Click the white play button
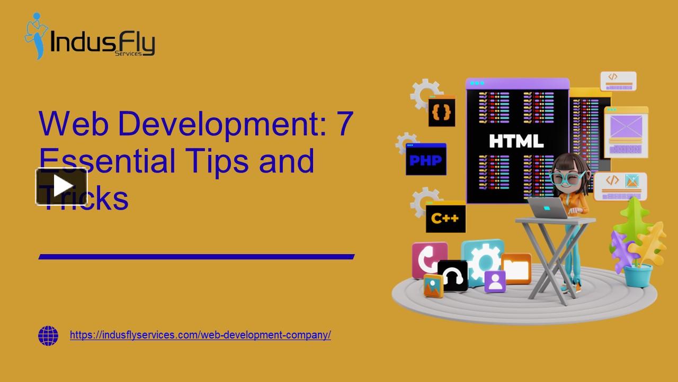coord(62,186)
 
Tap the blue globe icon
coord(48,336)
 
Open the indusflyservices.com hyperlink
coord(200,335)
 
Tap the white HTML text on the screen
coord(516,141)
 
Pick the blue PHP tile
coord(426,159)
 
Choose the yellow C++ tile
coord(445,217)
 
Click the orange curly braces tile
coord(442,111)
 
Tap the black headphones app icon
coord(453,275)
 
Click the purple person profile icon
coord(495,281)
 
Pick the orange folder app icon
coord(516,268)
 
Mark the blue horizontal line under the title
coord(196,257)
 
